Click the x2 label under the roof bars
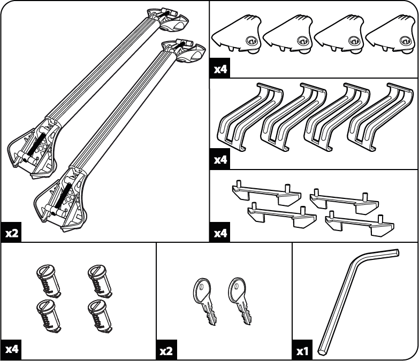click(12, 233)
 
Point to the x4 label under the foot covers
click(220, 70)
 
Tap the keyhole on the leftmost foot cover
click(252, 41)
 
